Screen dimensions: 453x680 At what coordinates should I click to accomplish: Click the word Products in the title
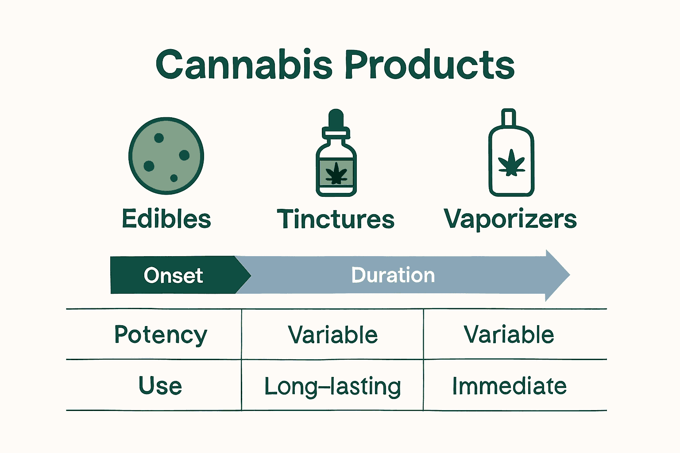coord(429,65)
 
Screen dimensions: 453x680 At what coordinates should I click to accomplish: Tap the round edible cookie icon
coord(166,156)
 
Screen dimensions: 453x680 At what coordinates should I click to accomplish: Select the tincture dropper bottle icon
coord(336,155)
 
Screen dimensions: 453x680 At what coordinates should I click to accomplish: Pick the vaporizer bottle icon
coord(511,155)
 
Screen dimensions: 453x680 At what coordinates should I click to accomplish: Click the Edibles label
coord(166,219)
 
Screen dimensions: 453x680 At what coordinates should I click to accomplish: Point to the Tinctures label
coord(336,219)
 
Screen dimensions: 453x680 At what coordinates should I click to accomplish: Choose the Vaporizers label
coord(510,219)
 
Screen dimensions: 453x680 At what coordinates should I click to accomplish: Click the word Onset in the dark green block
coord(174,276)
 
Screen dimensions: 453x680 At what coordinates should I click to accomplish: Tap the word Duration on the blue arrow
coord(393,275)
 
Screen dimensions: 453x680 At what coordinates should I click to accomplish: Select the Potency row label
coord(161,334)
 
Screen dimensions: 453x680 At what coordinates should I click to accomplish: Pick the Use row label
coord(160,386)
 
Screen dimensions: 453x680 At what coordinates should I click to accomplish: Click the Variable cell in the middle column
coord(333,335)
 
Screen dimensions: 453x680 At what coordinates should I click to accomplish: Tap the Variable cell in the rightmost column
coord(509,335)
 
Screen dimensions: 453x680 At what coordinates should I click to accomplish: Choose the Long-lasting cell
coord(333,386)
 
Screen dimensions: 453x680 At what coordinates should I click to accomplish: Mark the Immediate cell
coord(509,386)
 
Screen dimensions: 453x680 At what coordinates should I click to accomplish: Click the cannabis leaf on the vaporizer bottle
coord(511,163)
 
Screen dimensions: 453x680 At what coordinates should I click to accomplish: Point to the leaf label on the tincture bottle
coord(336,173)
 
